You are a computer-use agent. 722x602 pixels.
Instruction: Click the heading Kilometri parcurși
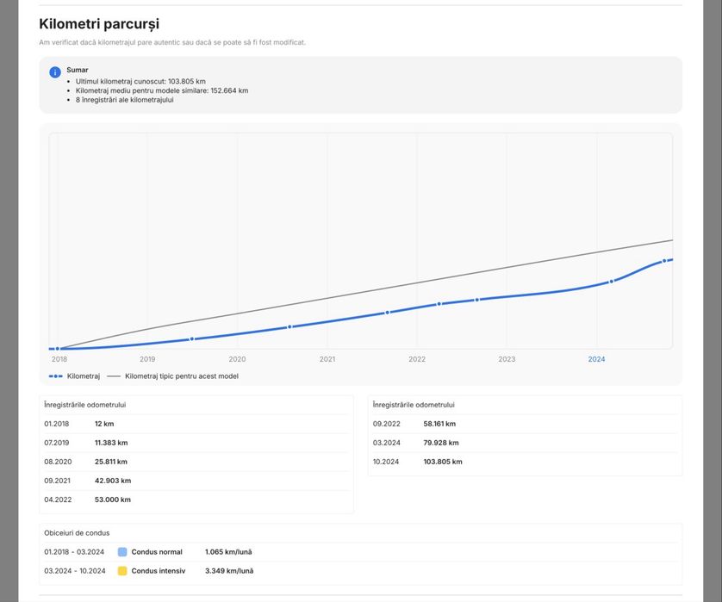point(99,24)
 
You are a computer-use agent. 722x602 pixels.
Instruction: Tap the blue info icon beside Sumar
point(55,72)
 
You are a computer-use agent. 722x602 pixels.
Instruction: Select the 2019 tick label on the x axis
point(147,359)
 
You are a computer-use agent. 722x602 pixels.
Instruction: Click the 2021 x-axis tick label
point(327,359)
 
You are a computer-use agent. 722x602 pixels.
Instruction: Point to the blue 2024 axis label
point(596,359)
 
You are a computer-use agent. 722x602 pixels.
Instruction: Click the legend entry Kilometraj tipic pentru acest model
point(181,376)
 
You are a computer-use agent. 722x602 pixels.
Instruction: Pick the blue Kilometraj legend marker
point(55,376)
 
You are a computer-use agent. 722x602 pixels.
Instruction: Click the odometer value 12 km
point(104,424)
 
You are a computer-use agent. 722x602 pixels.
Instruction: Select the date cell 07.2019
point(58,443)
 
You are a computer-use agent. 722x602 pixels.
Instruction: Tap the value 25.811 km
point(111,462)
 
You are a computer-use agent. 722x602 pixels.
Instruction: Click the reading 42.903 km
point(113,481)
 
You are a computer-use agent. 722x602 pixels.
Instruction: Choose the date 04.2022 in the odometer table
point(58,500)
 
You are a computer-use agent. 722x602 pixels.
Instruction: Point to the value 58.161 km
point(439,424)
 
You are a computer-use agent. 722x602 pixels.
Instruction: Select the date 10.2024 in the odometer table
point(387,462)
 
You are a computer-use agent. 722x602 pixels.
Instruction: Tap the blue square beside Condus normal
point(122,552)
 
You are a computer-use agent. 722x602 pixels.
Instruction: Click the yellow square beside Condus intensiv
point(122,571)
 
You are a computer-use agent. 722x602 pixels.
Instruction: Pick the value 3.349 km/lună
point(228,571)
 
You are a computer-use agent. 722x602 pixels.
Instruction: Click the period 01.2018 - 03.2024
point(74,552)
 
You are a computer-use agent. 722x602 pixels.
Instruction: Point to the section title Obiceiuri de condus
point(77,533)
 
